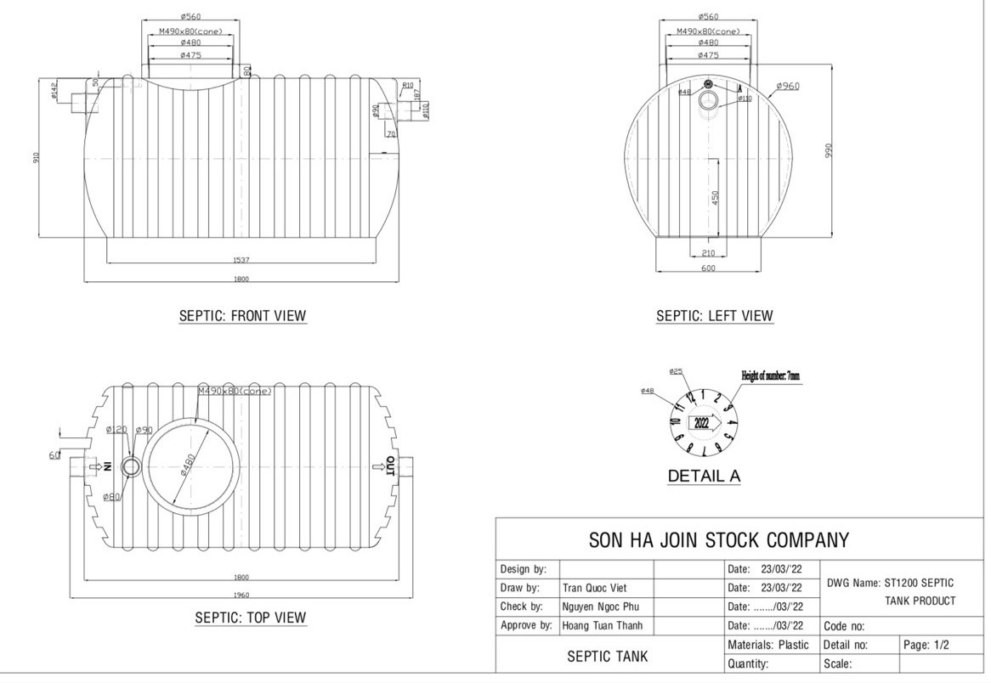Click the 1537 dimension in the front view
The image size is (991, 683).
241,260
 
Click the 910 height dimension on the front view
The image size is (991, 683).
37,158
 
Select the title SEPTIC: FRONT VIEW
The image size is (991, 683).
242,316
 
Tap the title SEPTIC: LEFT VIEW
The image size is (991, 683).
714,316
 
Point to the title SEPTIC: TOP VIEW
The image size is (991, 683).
251,618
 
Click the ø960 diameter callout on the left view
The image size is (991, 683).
788,86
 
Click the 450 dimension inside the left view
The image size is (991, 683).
715,197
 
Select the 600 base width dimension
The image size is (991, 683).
708,268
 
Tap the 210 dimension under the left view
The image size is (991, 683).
707,253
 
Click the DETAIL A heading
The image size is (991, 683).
704,477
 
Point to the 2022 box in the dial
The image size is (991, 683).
703,422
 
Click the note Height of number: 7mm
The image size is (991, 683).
770,375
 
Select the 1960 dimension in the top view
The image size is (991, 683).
241,595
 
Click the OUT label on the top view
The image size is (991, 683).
389,466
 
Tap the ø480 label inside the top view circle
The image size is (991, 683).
190,467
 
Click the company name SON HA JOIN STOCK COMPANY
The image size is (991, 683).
718,540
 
